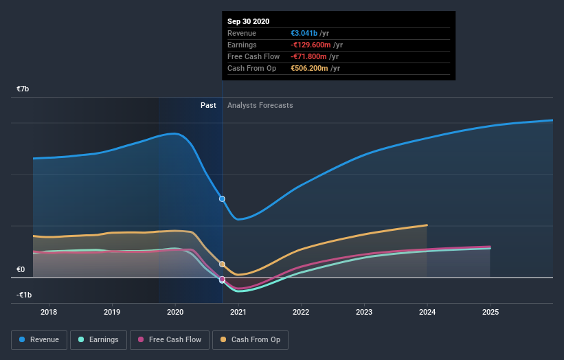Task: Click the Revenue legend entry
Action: pyautogui.click(x=39, y=339)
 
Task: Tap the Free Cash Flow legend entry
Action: pyautogui.click(x=169, y=339)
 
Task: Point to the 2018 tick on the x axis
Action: pyautogui.click(x=49, y=313)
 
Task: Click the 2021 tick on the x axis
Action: pyautogui.click(x=238, y=313)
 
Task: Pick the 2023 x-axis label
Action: pyautogui.click(x=364, y=313)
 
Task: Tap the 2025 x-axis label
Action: pyautogui.click(x=490, y=313)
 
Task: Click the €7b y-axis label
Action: pyautogui.click(x=23, y=89)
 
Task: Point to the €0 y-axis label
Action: pyautogui.click(x=21, y=270)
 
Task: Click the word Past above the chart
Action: pyautogui.click(x=208, y=105)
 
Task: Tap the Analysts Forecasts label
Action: pyautogui.click(x=260, y=105)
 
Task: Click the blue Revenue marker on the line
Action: pyautogui.click(x=222, y=199)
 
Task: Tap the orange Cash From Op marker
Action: pyautogui.click(x=222, y=264)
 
